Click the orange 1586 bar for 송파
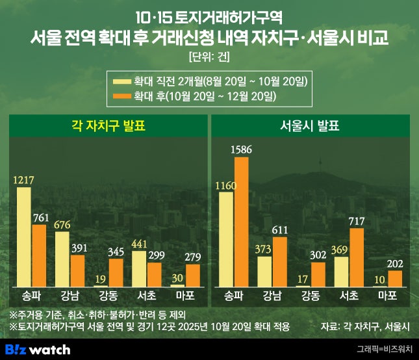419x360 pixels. coord(242,222)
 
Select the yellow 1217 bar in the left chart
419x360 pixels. coord(24,237)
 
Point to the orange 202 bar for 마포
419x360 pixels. coord(394,278)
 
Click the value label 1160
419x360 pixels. coord(225,185)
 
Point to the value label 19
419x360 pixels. coord(100,279)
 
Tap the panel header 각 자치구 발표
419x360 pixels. coord(108,126)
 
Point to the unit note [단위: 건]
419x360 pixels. coord(209,55)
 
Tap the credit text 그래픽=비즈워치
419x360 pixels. coord(385,350)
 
